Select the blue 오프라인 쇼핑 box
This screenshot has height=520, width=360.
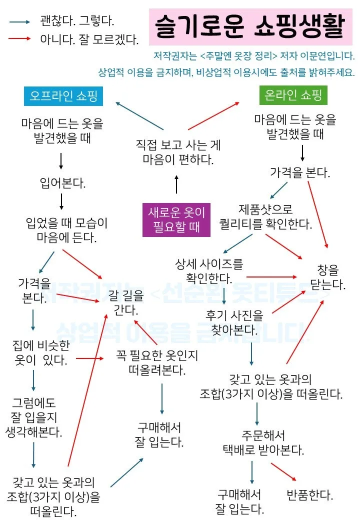(63, 96)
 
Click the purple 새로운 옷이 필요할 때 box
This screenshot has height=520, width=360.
(176, 219)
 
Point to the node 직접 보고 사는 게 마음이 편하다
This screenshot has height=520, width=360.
(178, 152)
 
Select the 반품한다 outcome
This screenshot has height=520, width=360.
(309, 495)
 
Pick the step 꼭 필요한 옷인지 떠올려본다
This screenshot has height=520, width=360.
(157, 362)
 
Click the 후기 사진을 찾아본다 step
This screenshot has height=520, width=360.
(234, 322)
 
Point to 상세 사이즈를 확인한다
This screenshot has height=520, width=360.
(208, 270)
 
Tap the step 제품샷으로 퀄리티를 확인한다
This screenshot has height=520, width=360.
(265, 216)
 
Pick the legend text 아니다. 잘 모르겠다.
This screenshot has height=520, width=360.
(89, 38)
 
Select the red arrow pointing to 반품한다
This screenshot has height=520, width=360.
(283, 472)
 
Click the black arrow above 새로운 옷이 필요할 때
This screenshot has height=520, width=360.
(176, 184)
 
